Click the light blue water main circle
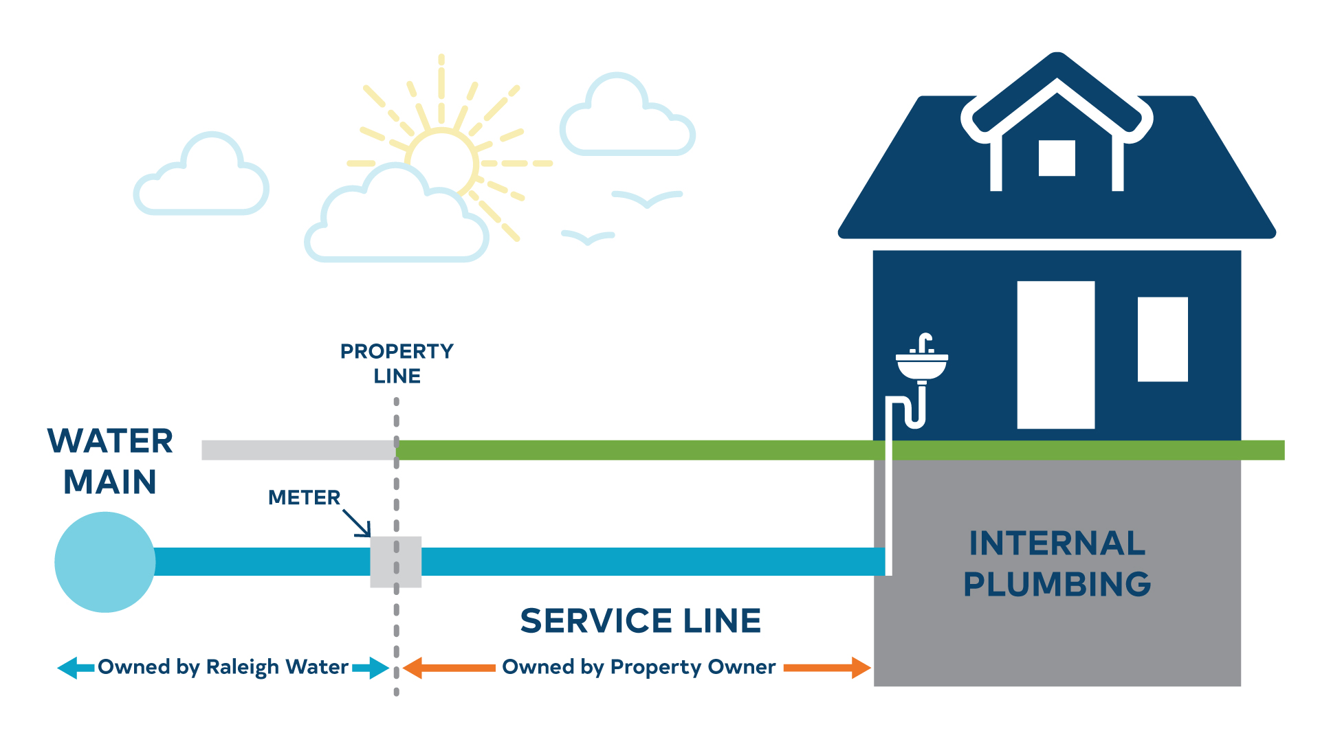point(104,562)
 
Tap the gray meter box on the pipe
point(395,562)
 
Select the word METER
point(304,497)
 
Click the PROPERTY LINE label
point(397,363)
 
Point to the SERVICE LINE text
point(640,621)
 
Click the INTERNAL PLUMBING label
point(1057,564)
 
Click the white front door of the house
point(1055,355)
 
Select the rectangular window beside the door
point(1162,339)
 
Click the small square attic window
point(1056,158)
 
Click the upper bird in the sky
point(646,199)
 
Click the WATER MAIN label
point(110,461)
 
